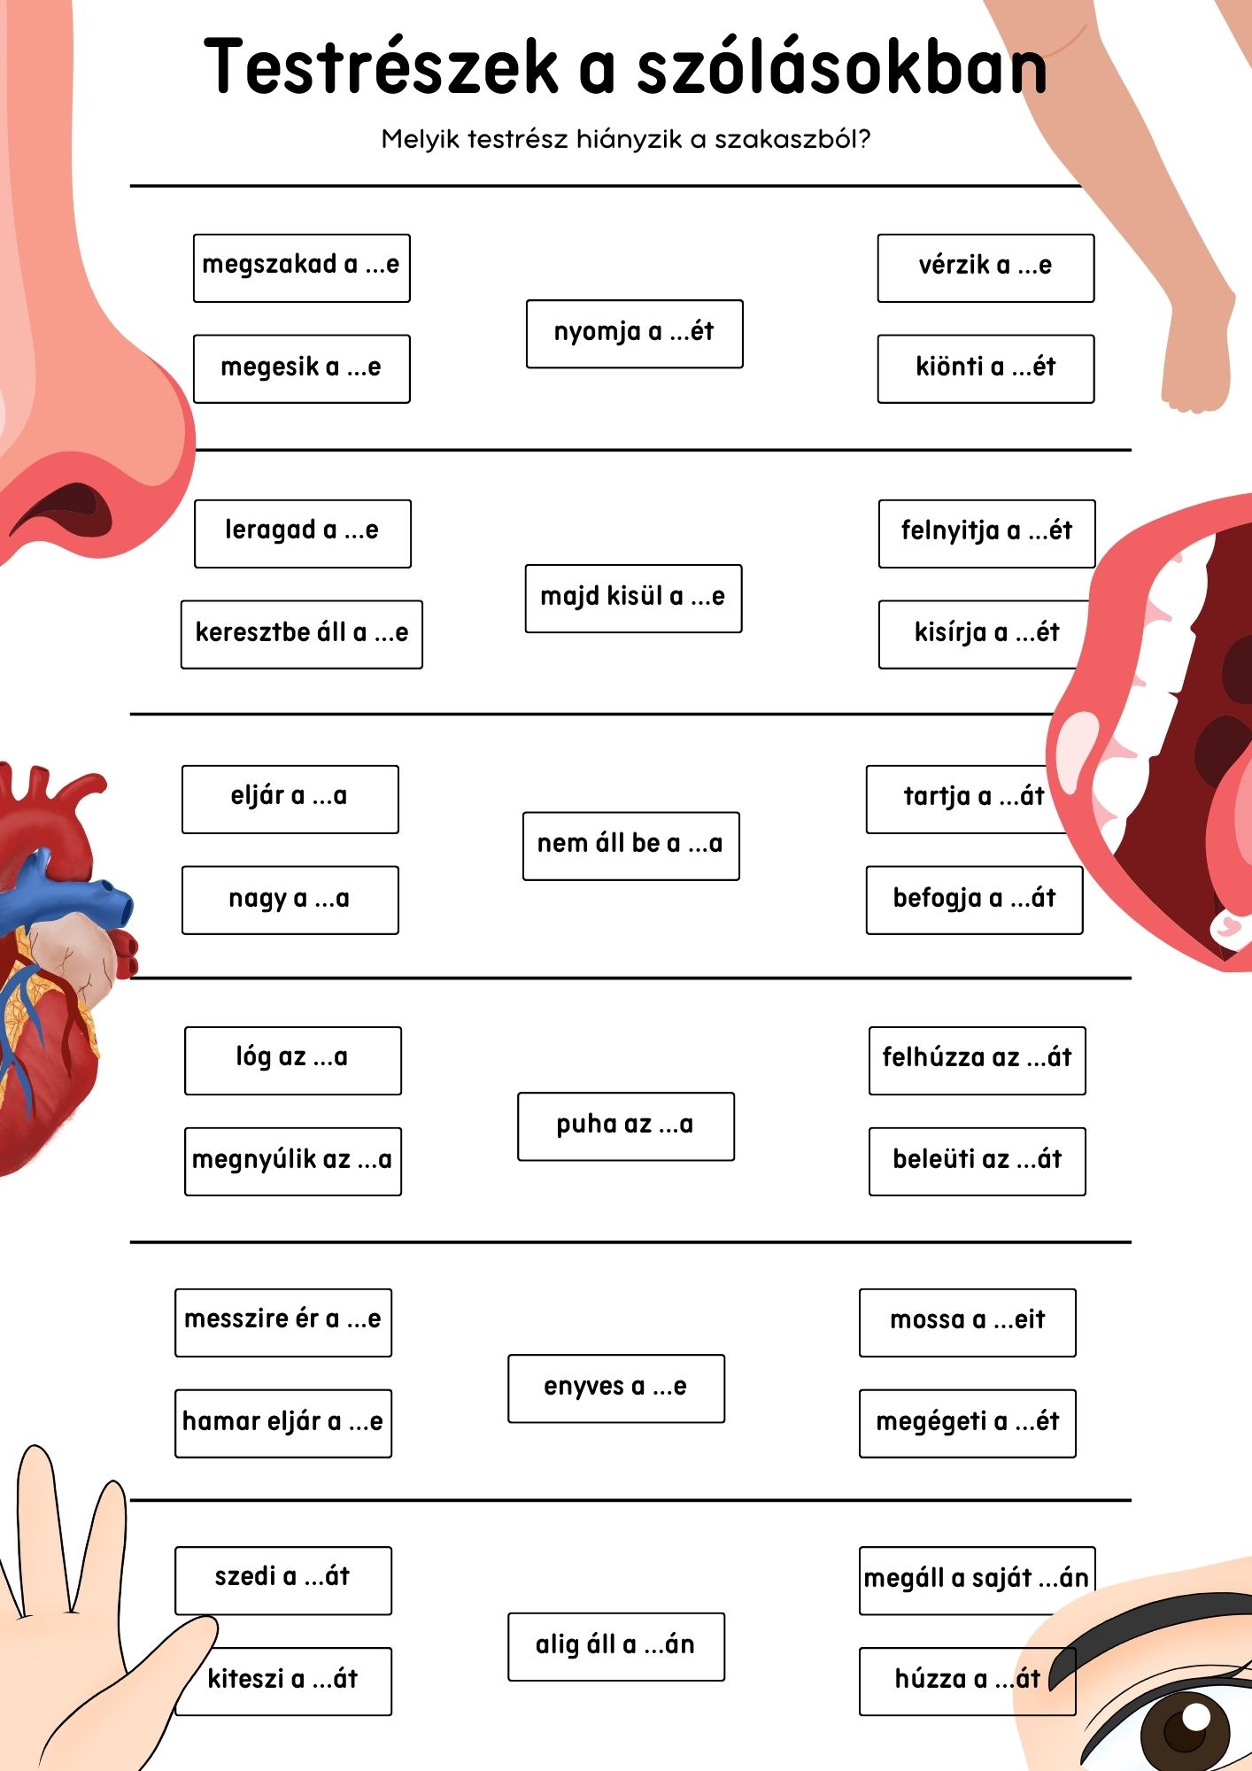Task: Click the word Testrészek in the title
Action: click(381, 66)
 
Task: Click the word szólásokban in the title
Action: click(841, 66)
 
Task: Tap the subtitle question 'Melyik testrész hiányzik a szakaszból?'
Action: click(625, 139)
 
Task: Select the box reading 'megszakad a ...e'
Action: click(301, 267)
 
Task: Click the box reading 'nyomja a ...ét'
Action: click(634, 333)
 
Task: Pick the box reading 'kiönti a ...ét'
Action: click(985, 368)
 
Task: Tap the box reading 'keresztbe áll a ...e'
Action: click(301, 634)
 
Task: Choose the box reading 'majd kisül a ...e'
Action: click(633, 598)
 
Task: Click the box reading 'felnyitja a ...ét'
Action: click(986, 533)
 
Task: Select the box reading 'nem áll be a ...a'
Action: click(630, 845)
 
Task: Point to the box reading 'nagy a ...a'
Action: click(290, 900)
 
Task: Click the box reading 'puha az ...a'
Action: click(625, 1125)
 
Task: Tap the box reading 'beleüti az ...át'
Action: click(977, 1161)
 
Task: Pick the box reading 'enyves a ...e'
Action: click(615, 1388)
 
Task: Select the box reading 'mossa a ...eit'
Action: click(967, 1322)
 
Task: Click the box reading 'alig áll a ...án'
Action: click(615, 1646)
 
